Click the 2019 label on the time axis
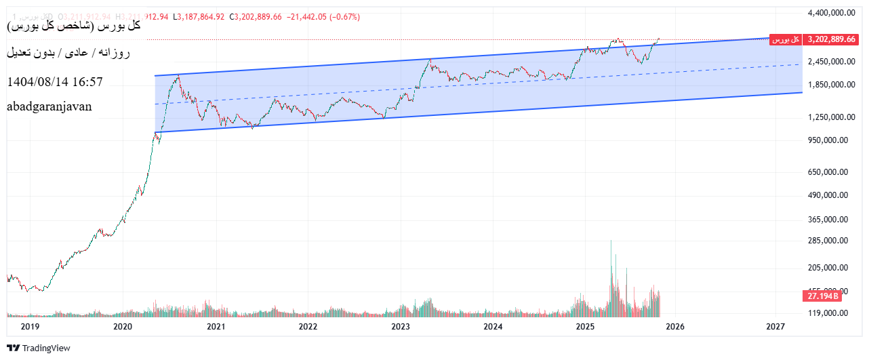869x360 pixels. tap(31, 327)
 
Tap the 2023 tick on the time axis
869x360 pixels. tap(401, 327)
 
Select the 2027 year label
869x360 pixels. tap(776, 327)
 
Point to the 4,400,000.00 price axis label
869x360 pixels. tap(828, 13)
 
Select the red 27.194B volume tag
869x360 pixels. tap(822, 296)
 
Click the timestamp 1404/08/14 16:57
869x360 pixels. tap(55, 82)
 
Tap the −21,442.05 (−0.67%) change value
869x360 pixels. tap(322, 17)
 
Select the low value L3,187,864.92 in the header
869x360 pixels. tap(199, 17)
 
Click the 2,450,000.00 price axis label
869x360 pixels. tap(828, 62)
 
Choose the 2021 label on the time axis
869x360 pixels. tap(216, 327)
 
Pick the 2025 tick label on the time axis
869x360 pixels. tap(585, 327)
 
